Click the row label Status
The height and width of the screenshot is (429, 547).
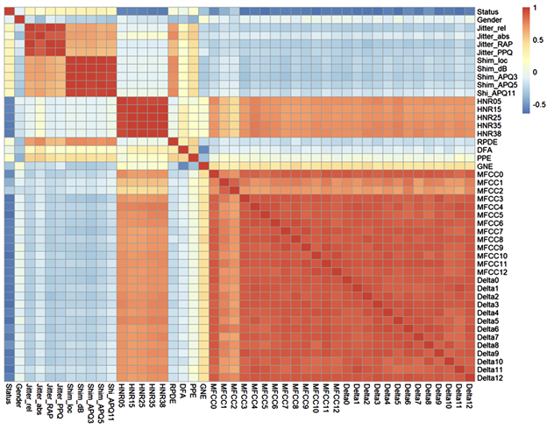488,10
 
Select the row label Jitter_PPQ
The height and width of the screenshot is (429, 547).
494,52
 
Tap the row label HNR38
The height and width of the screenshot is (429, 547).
489,134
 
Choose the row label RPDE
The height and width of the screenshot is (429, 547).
488,142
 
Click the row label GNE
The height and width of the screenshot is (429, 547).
486,166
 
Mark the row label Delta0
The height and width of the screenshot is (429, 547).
489,281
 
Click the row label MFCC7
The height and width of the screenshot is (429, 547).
490,232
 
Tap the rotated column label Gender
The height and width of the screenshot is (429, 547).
19,398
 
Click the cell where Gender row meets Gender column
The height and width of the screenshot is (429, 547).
19,18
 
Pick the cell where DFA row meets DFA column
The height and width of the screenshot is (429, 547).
183,150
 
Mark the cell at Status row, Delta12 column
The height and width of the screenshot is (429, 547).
469,10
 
